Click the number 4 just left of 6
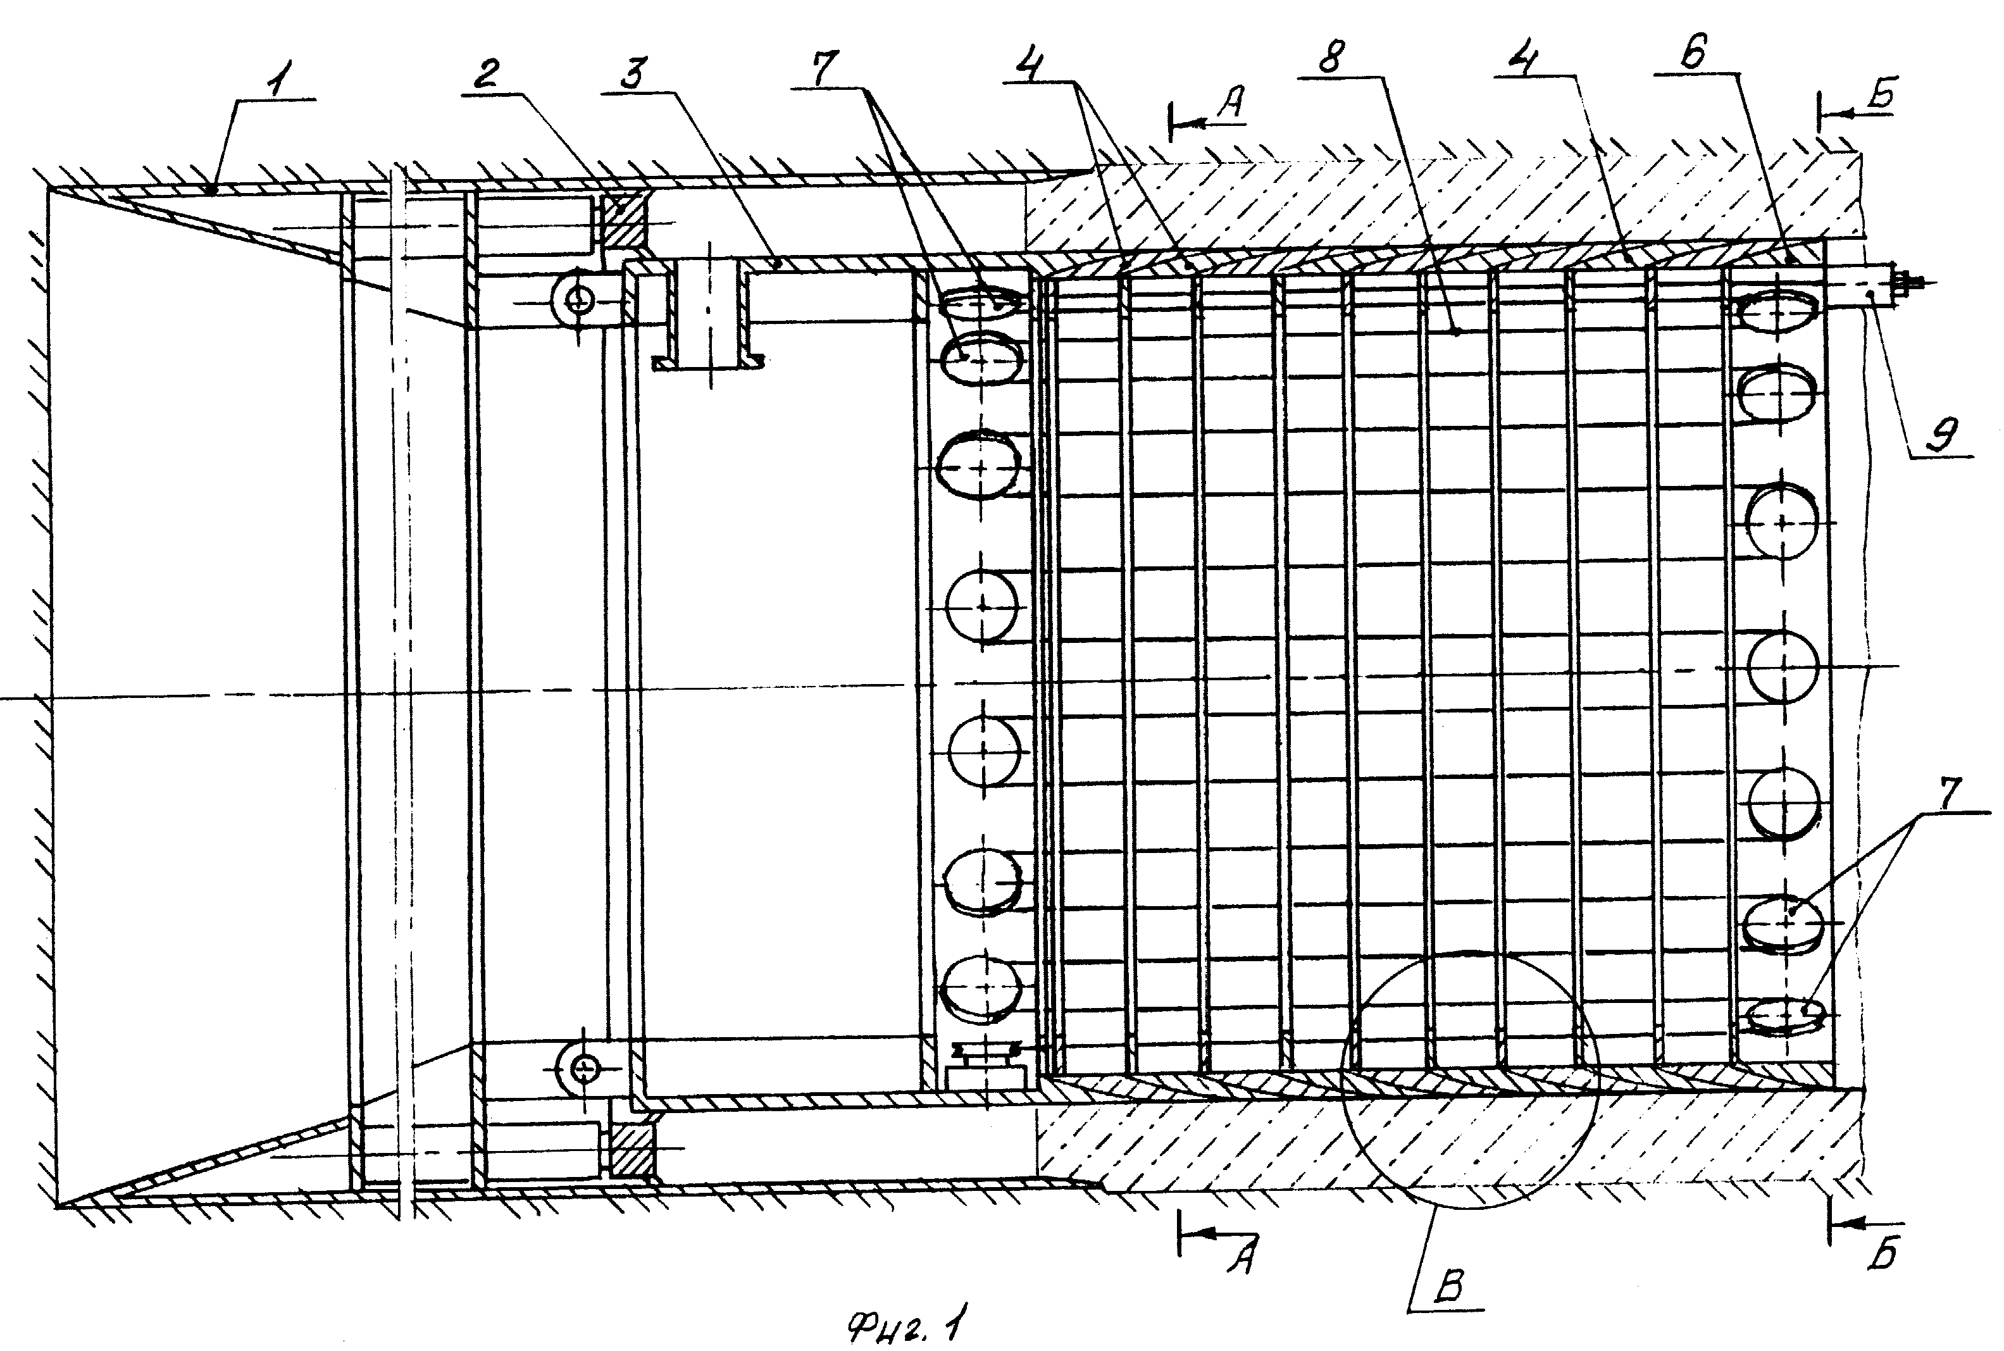pos(1527,58)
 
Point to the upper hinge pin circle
pos(580,300)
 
